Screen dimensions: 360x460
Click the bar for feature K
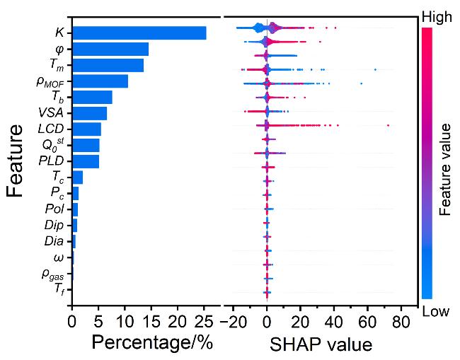(139, 33)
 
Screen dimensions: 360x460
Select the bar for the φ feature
(110, 49)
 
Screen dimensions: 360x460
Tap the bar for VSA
(89, 113)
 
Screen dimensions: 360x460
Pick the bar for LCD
(86, 129)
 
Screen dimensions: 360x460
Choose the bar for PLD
(86, 161)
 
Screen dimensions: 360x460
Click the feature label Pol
(54, 209)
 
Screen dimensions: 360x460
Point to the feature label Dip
(54, 226)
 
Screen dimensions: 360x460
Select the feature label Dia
(54, 242)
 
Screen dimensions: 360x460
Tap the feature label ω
(58, 257)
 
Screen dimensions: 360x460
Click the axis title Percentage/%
(152, 342)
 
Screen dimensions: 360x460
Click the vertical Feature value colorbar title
(445, 168)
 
